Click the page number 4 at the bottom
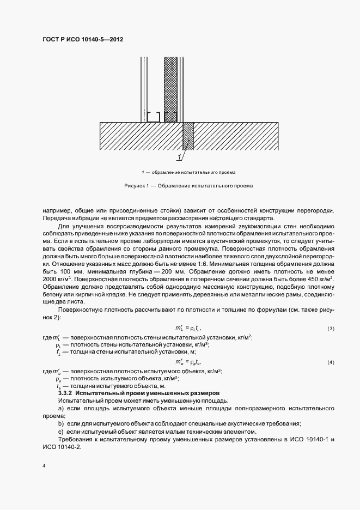pos(44,466)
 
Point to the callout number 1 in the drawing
pos(178,158)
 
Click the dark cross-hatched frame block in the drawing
pos(188,136)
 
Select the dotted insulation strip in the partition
pos(171,87)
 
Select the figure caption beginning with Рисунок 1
pos(188,186)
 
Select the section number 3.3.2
pos(66,393)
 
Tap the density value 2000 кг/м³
pos(54,278)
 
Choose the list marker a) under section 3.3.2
pos(61,408)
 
